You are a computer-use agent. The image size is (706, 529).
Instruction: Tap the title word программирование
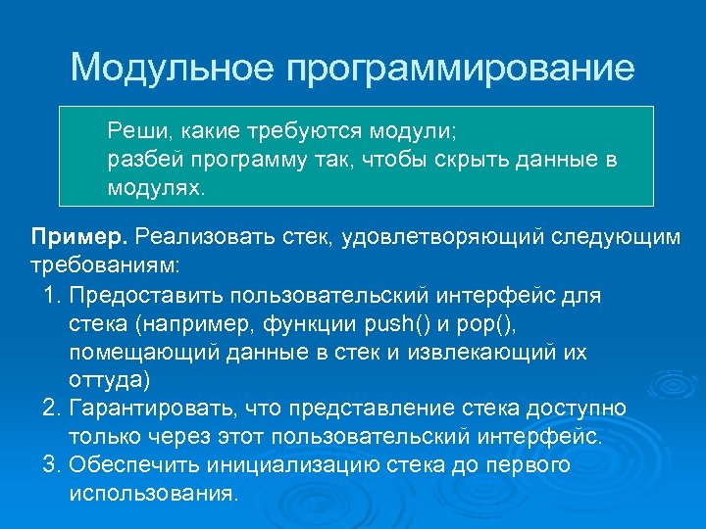pos(461,70)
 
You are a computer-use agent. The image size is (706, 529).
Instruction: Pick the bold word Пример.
pos(79,236)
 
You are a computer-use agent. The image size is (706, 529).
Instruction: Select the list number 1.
pos(51,295)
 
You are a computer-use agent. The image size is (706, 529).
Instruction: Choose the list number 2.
pos(52,408)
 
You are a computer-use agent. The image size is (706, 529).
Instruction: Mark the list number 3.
pos(52,464)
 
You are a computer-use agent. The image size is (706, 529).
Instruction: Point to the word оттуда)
pos(111,379)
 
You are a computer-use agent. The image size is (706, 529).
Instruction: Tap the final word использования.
pos(153,493)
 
